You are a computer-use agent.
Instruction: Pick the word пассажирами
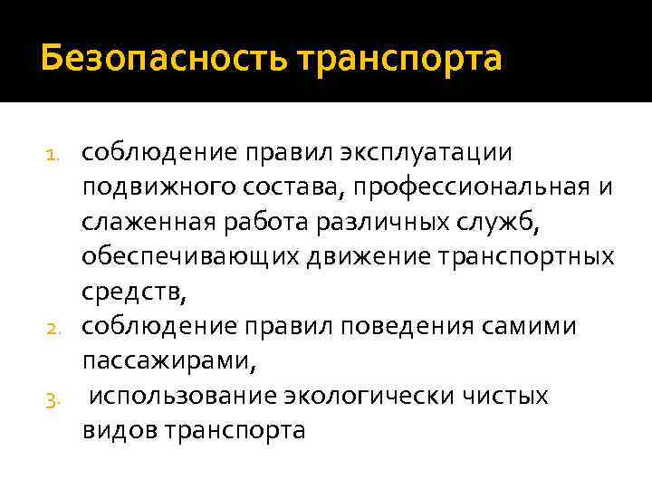(x=167, y=360)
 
